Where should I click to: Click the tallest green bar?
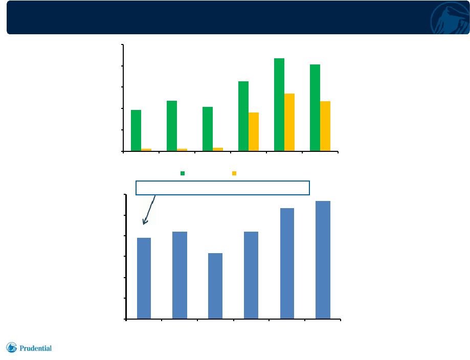(279, 105)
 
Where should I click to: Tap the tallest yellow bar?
(289, 122)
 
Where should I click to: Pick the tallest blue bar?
(323, 260)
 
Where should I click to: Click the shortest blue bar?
(215, 286)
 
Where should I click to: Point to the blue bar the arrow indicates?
(144, 279)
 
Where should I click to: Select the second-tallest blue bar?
(287, 263)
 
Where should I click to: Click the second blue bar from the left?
(180, 275)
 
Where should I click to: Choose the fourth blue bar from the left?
(251, 275)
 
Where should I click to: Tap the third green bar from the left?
(208, 129)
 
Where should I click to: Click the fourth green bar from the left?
(243, 116)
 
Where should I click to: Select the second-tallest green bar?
(315, 108)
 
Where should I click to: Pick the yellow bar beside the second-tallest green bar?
(325, 126)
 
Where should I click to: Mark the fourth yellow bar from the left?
(254, 132)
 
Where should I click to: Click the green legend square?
(183, 173)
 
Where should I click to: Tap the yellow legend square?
(234, 173)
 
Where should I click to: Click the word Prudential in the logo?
(35, 348)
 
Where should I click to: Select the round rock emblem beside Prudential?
(12, 347)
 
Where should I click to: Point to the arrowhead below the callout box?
(145, 221)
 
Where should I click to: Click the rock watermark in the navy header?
(450, 18)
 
